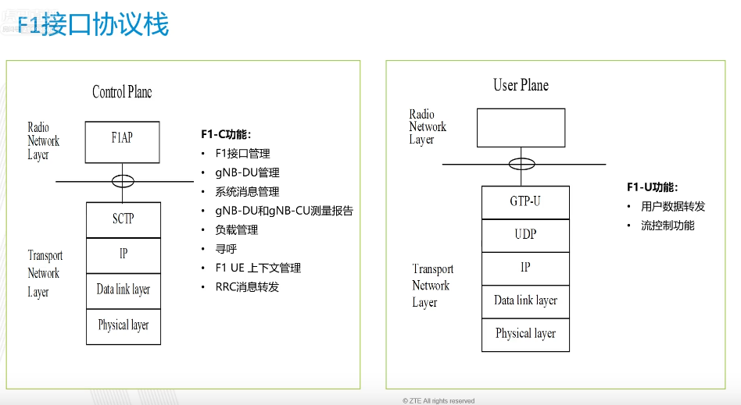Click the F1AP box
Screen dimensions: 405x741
(123, 141)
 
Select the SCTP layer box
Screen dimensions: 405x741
(123, 219)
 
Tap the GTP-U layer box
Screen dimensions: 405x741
(525, 201)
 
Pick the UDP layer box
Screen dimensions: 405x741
(525, 234)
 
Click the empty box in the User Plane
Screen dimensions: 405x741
(521, 128)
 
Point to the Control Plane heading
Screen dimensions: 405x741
(122, 92)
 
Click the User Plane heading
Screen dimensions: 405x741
(521, 85)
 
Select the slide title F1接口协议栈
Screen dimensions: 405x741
(92, 25)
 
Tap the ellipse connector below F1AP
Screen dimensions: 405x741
(123, 181)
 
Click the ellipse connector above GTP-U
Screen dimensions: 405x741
(521, 165)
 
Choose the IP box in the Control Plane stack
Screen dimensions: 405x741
(123, 254)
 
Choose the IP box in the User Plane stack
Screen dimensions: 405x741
(525, 268)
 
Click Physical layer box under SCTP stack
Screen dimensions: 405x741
(123, 326)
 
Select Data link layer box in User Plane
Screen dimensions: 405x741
(525, 301)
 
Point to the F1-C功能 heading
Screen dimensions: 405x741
(226, 134)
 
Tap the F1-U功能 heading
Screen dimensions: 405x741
(652, 187)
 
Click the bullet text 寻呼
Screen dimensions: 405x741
(226, 249)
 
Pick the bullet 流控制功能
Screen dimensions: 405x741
(668, 226)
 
